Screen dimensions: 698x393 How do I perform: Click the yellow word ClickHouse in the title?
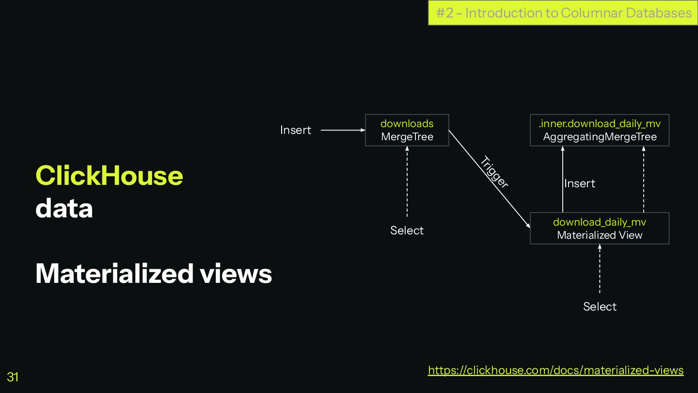pos(109,176)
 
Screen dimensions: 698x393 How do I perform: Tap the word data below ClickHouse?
pos(64,209)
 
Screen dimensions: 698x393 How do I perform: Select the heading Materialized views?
pos(154,273)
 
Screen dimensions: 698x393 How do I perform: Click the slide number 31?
pos(13,377)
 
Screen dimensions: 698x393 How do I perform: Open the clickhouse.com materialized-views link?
pos(555,370)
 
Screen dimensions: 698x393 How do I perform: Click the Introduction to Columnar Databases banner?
pos(563,13)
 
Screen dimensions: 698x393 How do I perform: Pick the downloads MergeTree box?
pos(407,130)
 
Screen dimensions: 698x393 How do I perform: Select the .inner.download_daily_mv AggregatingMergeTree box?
pos(600,130)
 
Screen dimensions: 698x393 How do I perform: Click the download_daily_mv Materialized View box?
pos(600,228)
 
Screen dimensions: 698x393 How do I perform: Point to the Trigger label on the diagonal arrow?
pos(494,172)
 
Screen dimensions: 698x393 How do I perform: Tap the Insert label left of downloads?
pos(296,130)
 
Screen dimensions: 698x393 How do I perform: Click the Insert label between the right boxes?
pos(580,183)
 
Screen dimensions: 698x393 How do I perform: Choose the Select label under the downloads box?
pos(407,230)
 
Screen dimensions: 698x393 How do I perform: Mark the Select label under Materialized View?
pos(600,307)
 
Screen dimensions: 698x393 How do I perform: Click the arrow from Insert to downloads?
pos(343,130)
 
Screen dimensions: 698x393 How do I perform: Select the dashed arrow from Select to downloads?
pos(407,182)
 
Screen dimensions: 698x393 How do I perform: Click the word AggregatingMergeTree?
pos(600,137)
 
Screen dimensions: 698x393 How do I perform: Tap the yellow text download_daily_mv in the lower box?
pos(600,222)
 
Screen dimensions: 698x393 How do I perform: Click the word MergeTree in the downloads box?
pos(407,137)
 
